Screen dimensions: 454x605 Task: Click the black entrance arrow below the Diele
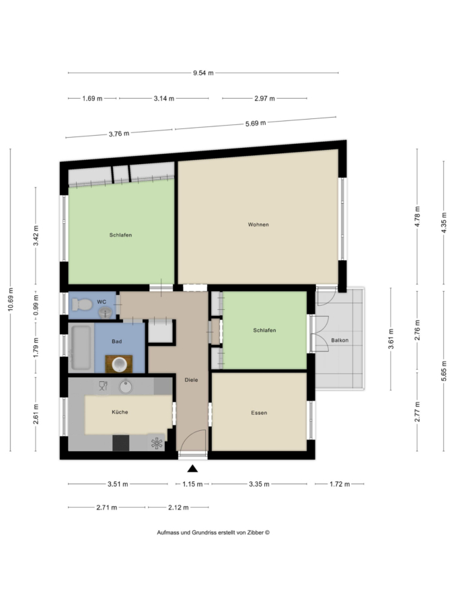[x=192, y=469]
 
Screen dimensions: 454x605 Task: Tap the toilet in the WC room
[x=82, y=305]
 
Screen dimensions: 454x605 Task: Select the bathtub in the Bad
[x=81, y=348]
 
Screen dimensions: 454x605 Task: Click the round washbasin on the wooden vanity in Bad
[x=119, y=364]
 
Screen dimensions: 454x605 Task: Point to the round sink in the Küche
[x=126, y=387]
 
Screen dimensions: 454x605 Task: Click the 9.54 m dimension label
[x=203, y=73]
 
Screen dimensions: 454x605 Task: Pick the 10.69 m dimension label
[x=11, y=299]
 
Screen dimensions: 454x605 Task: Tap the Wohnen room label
[x=258, y=225]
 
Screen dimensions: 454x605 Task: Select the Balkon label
[x=340, y=340]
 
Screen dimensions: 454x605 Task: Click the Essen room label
[x=259, y=413]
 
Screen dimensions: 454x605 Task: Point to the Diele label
[x=191, y=380]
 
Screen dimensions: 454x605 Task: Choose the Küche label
[x=120, y=412]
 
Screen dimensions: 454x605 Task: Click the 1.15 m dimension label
[x=192, y=484]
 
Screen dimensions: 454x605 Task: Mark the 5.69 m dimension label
[x=256, y=124]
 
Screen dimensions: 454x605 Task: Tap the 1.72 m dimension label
[x=340, y=484]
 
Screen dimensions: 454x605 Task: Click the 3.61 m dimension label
[x=391, y=339]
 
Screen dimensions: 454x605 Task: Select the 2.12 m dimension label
[x=178, y=508]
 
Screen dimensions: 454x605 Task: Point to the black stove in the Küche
[x=121, y=443]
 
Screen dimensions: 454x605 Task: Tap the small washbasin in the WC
[x=105, y=312]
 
